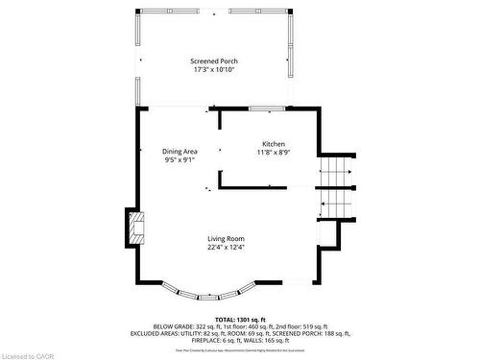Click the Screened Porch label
tap(213, 60)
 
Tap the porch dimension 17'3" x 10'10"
tap(213, 69)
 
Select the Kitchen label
tap(274, 143)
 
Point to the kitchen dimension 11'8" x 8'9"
tap(274, 152)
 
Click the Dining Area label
tap(180, 152)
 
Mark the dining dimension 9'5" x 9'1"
tap(180, 160)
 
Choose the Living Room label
tap(227, 238)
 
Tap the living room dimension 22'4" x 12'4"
tap(227, 247)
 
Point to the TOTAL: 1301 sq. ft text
tap(240, 318)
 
